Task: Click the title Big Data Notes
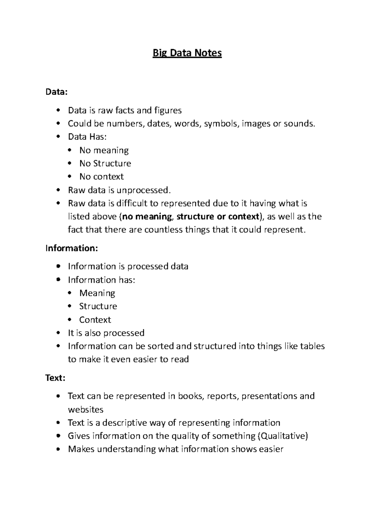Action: tap(187, 53)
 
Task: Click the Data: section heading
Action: tap(56, 92)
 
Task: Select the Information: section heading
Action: tap(72, 248)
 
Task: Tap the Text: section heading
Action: tap(55, 378)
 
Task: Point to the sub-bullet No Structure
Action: tap(105, 164)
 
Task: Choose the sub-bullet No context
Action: tap(101, 177)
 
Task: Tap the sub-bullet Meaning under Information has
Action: tap(97, 293)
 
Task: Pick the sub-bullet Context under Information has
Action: tap(95, 320)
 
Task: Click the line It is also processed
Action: tap(106, 333)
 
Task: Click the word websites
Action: tap(85, 410)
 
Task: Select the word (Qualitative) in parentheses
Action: tap(283, 436)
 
